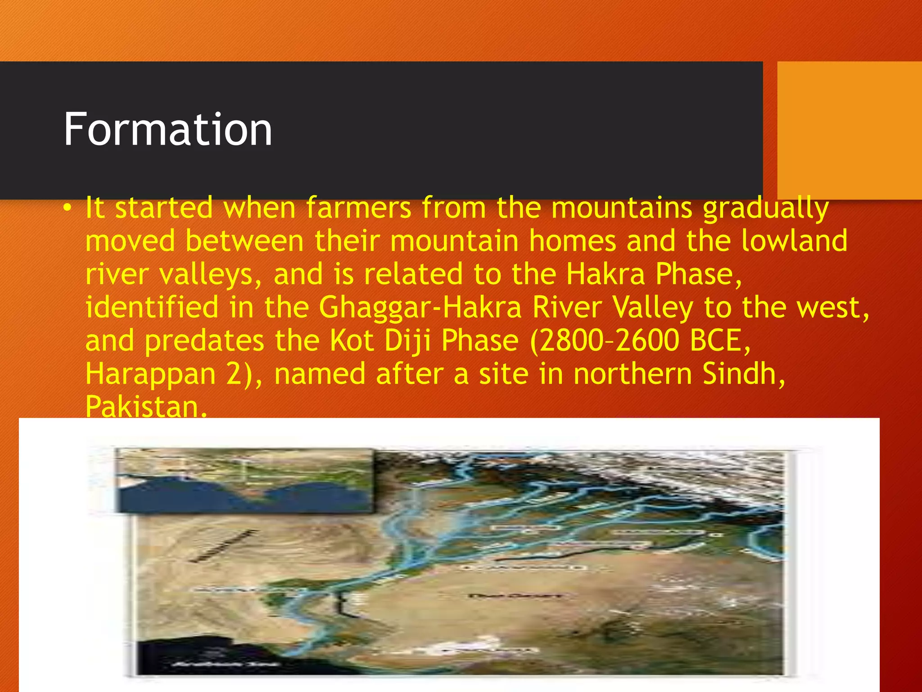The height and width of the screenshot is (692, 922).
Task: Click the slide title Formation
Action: [167, 130]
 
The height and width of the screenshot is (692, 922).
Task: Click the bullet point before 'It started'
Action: [67, 208]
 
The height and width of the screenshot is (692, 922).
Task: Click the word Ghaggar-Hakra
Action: [420, 307]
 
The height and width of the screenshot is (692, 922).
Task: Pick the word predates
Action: [204, 341]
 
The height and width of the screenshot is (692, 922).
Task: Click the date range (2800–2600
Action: [605, 341]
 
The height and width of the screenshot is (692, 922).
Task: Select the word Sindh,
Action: [744, 374]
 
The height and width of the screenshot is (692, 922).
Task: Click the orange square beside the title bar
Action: [849, 130]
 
